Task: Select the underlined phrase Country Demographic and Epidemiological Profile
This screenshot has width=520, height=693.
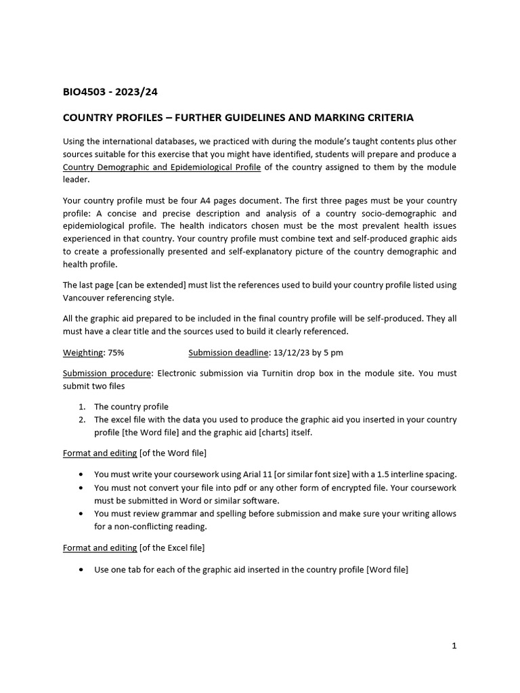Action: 162,167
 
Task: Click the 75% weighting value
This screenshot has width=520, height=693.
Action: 116,353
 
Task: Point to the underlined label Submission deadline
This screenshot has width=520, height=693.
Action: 228,353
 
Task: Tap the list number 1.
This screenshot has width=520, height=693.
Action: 81,407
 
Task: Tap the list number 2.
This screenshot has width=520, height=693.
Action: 81,420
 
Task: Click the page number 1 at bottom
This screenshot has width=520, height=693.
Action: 454,646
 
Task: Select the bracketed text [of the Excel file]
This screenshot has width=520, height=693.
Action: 172,547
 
